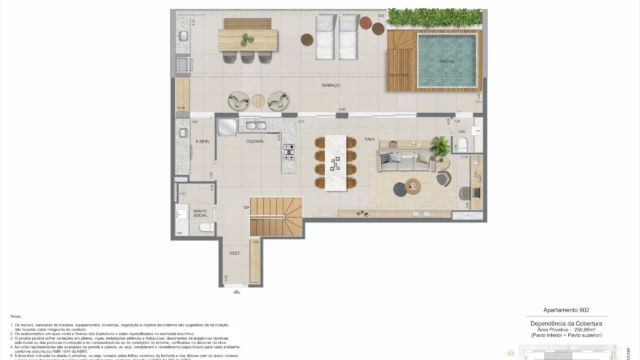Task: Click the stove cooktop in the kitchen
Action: click(x=289, y=153)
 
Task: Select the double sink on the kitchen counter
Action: click(x=253, y=127)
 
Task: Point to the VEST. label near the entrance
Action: click(x=235, y=254)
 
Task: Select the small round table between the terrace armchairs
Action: click(x=259, y=100)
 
